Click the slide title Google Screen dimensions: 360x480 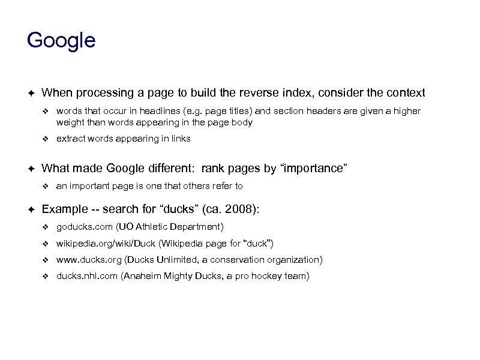(61, 41)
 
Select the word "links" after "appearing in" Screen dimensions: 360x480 (180, 139)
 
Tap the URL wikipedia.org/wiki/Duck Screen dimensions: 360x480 (106, 244)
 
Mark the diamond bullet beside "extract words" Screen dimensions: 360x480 (45, 139)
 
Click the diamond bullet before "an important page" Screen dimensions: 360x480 (45, 186)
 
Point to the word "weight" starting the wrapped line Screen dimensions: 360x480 (70, 122)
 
